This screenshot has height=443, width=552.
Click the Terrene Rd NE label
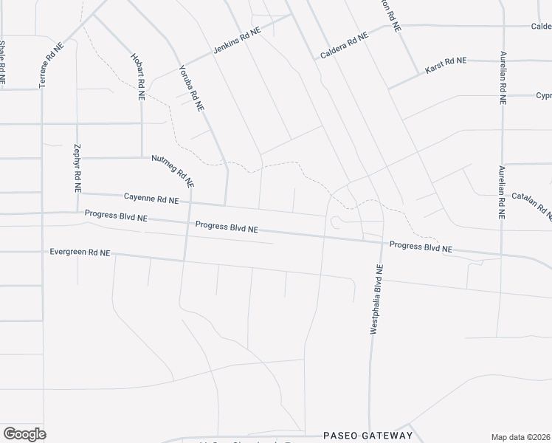click(x=52, y=65)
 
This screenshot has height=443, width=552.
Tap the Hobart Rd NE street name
click(x=138, y=76)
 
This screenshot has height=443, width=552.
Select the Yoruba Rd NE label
click(x=191, y=89)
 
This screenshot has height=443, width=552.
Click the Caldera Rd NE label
click(x=344, y=47)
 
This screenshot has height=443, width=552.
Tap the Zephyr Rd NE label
click(x=77, y=168)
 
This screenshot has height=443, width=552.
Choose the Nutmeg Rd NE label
click(x=173, y=170)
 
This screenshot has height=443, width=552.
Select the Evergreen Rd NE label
click(x=80, y=253)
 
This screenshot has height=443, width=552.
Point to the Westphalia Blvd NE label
click(x=376, y=299)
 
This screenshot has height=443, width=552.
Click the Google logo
click(x=24, y=433)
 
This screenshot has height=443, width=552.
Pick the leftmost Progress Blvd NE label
click(x=116, y=216)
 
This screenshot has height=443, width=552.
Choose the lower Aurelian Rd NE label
click(x=502, y=192)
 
